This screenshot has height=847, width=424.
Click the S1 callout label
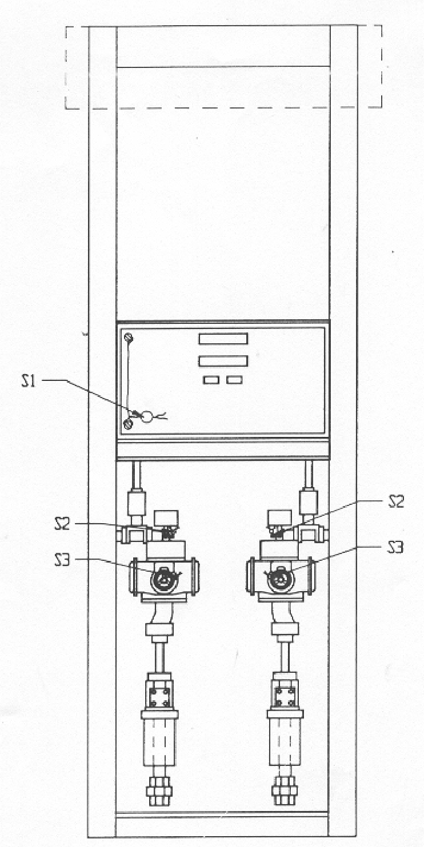pos(29,381)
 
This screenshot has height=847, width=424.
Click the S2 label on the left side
pos(62,524)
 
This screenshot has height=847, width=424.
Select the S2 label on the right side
pos(396,501)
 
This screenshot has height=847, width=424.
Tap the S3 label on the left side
pos(62,560)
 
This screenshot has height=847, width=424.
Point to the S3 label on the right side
pos(395,547)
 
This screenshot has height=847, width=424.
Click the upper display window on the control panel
pos(223,339)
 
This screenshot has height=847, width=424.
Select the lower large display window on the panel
pos(223,362)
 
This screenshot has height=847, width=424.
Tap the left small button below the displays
pos(211,380)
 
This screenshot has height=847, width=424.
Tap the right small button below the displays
pos(234,380)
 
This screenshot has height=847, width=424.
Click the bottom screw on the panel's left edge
pos(129,424)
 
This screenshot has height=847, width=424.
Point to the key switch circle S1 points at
pos(147,417)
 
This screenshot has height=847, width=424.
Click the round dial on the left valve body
pos(163,579)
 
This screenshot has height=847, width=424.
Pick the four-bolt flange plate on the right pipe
pos(285,697)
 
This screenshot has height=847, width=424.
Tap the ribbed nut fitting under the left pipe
pos(159,790)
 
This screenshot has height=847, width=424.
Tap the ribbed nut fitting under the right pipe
pos(285,790)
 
